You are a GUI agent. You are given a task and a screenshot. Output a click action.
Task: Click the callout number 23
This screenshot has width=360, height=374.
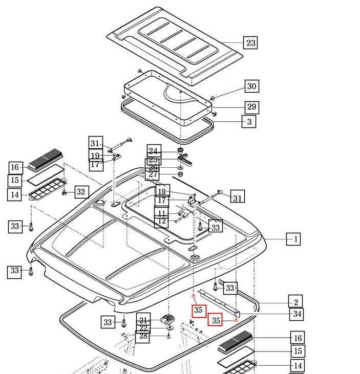tap(250, 42)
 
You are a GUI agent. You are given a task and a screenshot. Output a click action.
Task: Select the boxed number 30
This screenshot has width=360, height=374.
tap(251, 86)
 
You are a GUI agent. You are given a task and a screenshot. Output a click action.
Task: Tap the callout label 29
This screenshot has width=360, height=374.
tap(251, 107)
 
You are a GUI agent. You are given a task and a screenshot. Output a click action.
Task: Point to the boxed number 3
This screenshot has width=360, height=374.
tap(249, 122)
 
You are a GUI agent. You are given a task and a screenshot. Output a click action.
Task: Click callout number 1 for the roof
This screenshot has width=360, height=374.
tap(293, 239)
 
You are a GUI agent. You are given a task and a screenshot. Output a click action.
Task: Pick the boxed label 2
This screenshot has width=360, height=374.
tap(295, 302)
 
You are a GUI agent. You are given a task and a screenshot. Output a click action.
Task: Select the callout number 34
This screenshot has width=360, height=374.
tap(297, 314)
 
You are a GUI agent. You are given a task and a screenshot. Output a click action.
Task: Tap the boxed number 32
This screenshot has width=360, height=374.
tap(81, 192)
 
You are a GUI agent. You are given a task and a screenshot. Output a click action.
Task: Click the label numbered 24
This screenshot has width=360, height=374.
tap(154, 150)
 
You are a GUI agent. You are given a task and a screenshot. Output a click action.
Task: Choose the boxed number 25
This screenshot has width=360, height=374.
tap(153, 160)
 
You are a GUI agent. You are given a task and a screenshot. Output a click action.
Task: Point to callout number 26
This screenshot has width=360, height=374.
tap(153, 168)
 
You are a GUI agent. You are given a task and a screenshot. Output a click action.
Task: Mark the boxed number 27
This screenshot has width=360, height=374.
tap(153, 175)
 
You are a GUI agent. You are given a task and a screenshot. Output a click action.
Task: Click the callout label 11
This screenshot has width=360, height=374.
tap(162, 213)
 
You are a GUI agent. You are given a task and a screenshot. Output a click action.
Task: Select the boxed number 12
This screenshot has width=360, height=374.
tap(162, 222)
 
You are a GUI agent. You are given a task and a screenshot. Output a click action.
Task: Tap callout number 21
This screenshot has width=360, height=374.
tap(143, 320)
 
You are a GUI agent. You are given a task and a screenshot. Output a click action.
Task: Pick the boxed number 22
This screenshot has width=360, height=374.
tap(143, 328)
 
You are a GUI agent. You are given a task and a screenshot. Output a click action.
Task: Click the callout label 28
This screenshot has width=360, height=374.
tap(143, 336)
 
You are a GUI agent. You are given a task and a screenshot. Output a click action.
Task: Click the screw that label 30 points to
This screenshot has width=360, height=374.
tap(213, 98)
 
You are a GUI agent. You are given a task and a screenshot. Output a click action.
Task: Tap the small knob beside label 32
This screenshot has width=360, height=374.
tap(65, 193)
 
